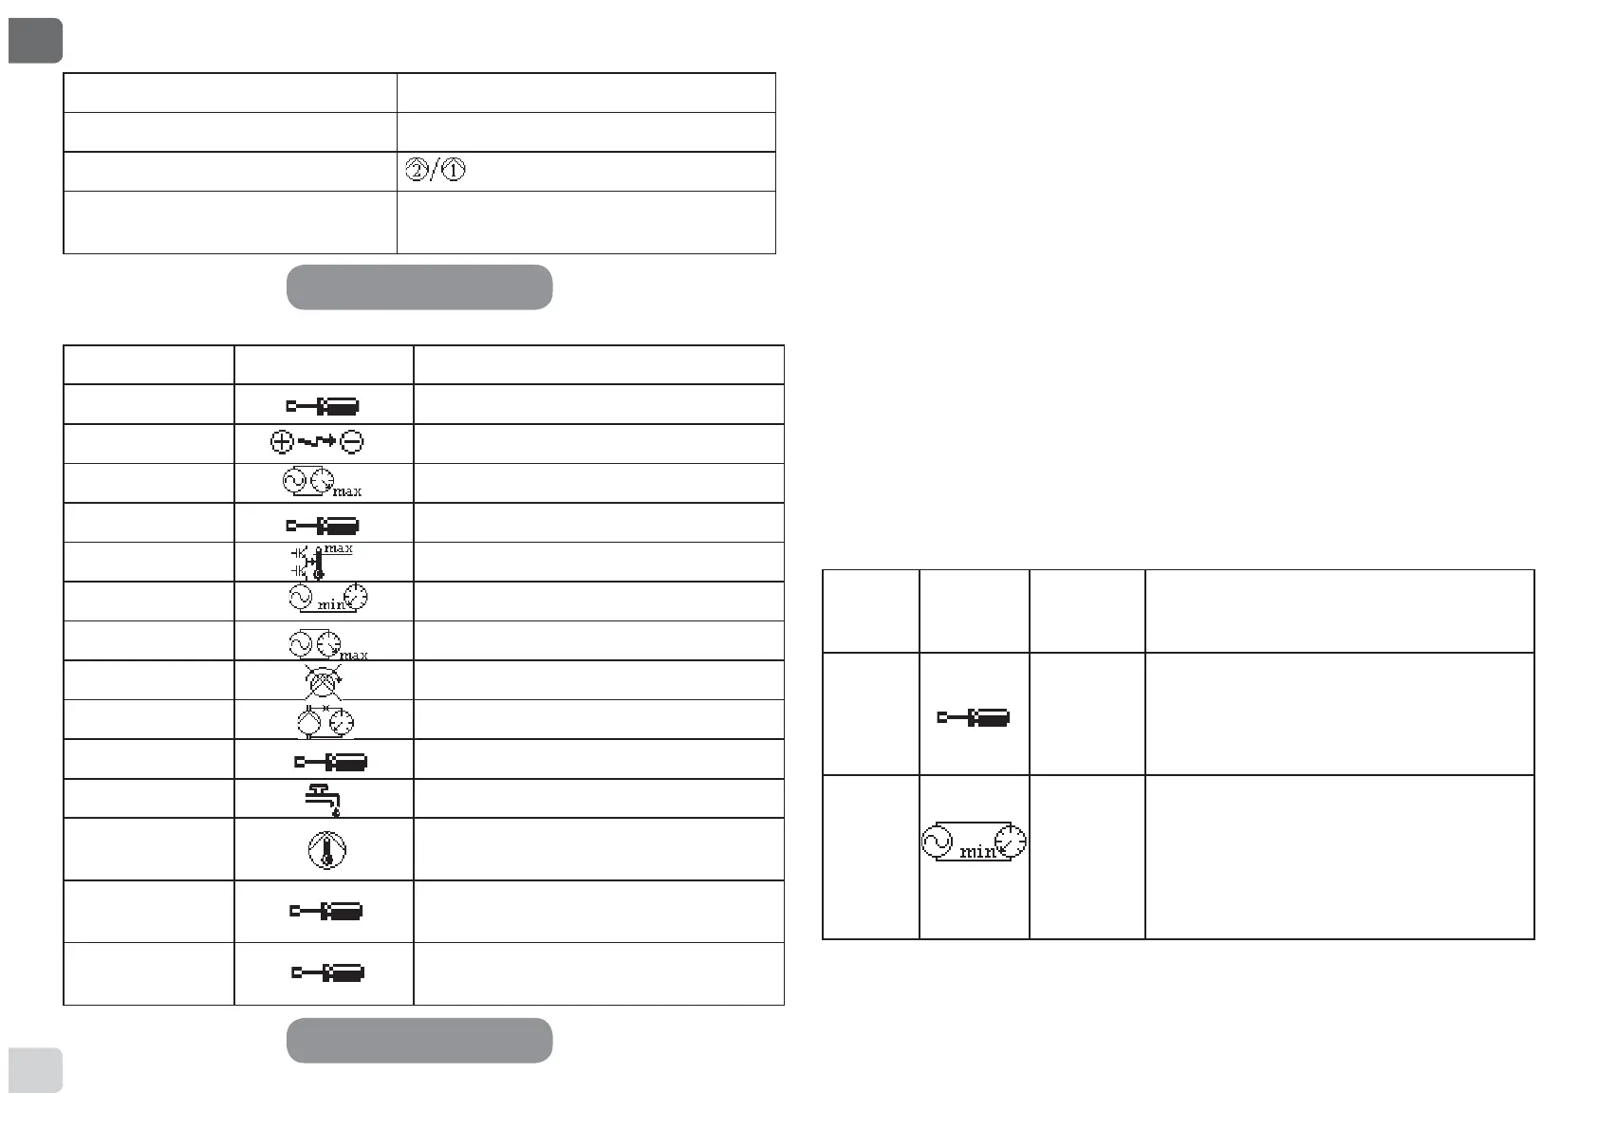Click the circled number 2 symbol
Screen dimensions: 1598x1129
(417, 172)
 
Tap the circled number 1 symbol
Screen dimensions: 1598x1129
(455, 172)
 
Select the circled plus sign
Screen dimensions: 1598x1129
(283, 441)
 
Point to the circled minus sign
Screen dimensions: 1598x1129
(352, 441)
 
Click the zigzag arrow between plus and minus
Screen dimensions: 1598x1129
(317, 441)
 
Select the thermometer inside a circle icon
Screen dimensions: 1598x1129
(327, 849)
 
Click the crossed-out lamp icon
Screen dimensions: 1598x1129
(323, 679)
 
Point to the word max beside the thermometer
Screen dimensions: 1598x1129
(339, 549)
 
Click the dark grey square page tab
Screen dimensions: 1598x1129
(35, 41)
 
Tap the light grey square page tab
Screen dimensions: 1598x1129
(35, 1070)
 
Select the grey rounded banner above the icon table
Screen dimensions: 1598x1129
(419, 287)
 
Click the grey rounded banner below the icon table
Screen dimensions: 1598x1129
(419, 1041)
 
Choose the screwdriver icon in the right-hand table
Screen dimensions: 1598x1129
(974, 717)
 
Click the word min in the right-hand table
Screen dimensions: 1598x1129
(977, 852)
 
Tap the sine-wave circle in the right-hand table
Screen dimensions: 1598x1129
(938, 841)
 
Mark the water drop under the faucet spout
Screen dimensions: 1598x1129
(335, 812)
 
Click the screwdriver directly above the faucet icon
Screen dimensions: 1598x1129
(331, 761)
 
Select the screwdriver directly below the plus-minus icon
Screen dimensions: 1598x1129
(323, 525)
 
